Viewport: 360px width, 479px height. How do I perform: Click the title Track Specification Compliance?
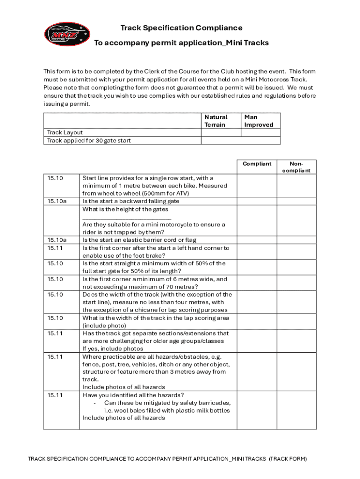(181, 28)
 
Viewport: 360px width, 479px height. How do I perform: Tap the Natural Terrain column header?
(216, 121)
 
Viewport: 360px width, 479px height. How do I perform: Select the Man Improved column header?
(259, 121)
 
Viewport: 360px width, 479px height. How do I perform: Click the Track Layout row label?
(65, 132)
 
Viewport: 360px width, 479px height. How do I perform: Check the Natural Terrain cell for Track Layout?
(221, 132)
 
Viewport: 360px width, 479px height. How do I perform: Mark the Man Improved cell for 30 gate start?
(260, 140)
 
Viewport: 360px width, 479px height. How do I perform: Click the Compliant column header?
(257, 164)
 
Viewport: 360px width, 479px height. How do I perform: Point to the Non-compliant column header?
(296, 167)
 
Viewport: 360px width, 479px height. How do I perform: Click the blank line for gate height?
(127, 218)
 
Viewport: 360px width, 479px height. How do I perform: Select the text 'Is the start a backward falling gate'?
(130, 201)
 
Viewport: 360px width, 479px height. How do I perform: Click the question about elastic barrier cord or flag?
(139, 240)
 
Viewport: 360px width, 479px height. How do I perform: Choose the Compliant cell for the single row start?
(257, 185)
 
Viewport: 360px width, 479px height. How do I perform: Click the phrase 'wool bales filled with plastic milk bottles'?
(167, 410)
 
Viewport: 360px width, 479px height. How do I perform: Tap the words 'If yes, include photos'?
(113, 348)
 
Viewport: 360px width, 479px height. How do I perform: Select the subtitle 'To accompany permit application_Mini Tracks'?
(181, 43)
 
